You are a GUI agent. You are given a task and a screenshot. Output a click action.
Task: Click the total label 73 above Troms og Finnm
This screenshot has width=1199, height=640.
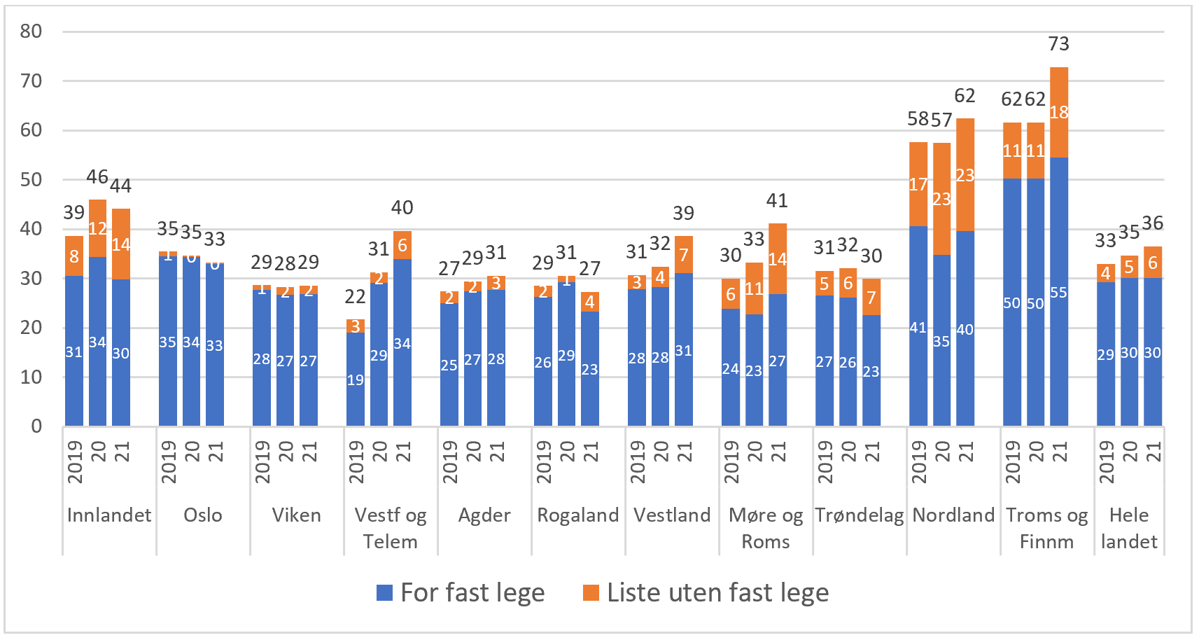tap(1058, 44)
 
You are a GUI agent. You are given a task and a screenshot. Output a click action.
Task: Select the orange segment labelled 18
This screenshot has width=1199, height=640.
tap(1059, 112)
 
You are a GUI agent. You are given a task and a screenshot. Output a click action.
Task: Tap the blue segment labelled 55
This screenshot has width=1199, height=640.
tap(1059, 292)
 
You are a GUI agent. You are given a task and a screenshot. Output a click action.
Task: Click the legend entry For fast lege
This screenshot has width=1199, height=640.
tap(460, 592)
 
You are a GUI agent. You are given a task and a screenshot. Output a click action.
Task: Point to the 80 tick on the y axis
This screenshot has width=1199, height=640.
tap(31, 31)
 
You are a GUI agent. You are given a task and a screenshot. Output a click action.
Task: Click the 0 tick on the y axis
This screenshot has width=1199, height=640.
tap(36, 426)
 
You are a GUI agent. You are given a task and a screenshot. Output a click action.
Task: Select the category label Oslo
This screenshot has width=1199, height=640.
tap(202, 515)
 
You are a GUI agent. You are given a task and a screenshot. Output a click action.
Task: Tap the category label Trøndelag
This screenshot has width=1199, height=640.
tap(859, 515)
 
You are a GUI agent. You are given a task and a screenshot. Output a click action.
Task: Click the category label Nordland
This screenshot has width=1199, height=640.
tap(953, 515)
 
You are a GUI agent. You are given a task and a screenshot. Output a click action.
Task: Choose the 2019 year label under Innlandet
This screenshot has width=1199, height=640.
tap(74, 461)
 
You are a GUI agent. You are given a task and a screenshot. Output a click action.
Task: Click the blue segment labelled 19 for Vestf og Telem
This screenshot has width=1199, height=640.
tap(355, 380)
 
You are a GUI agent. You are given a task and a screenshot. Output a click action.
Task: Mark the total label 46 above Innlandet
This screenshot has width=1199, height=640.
tap(97, 177)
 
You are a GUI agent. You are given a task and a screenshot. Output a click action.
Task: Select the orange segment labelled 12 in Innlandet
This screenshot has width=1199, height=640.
tap(97, 228)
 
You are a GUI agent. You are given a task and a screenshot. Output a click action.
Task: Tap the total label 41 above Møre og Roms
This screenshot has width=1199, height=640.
tap(777, 201)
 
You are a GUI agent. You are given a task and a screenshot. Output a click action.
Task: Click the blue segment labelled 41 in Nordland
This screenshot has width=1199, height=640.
tap(918, 327)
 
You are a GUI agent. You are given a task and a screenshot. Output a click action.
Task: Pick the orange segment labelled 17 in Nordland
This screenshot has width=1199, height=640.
tap(918, 184)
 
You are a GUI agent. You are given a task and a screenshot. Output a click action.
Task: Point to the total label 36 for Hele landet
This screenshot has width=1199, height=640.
tap(1152, 223)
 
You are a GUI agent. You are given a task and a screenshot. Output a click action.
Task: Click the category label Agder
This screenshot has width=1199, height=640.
tap(484, 515)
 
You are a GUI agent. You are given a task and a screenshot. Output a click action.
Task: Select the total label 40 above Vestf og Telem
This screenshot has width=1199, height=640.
tap(402, 207)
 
